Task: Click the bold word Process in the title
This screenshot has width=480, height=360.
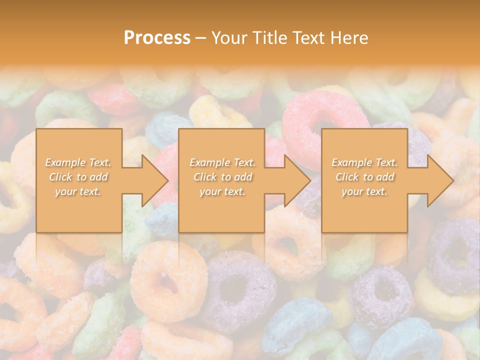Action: click(157, 38)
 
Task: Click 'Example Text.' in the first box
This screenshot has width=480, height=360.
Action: click(78, 162)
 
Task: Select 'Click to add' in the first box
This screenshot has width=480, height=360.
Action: click(78, 177)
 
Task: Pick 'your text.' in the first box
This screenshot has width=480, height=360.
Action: click(78, 191)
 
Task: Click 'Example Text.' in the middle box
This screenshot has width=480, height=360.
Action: click(222, 162)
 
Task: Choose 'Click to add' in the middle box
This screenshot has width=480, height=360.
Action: click(222, 177)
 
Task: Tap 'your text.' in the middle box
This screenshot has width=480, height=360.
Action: click(222, 191)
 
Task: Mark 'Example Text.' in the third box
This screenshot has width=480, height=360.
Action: click(364, 162)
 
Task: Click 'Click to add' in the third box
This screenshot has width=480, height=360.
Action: click(364, 177)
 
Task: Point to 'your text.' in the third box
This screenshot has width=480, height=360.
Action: click(364, 191)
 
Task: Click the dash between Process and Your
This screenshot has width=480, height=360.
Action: click(200, 38)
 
